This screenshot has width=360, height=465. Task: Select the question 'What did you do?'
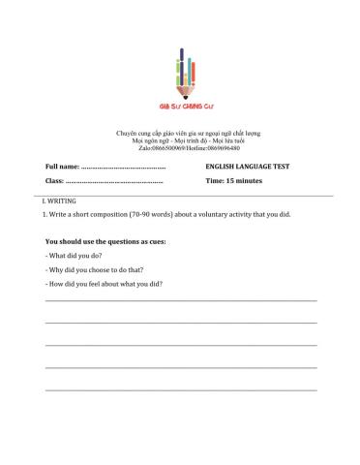[x=75, y=255]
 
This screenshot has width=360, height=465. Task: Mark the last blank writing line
[x=181, y=389]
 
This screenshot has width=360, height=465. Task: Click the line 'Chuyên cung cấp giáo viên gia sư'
[x=181, y=132]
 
